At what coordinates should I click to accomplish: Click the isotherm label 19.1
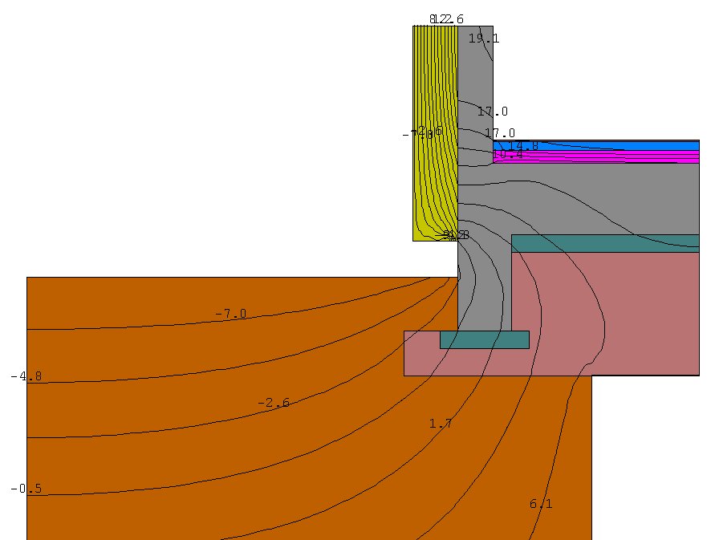tap(483, 39)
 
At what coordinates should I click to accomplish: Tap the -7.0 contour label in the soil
tap(230, 314)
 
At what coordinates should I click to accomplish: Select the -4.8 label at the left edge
tap(26, 376)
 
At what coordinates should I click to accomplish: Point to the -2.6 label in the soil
tap(274, 403)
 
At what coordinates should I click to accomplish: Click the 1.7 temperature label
tap(441, 423)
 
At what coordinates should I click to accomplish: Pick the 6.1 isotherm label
tap(541, 504)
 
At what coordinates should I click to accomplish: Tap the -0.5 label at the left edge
tap(26, 489)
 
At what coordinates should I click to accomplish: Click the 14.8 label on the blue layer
tap(523, 145)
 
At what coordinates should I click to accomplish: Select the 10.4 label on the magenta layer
tap(508, 155)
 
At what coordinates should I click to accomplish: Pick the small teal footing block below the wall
tap(484, 339)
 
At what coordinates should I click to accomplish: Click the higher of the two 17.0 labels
tap(492, 112)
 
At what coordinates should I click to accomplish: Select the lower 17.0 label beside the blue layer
tap(500, 133)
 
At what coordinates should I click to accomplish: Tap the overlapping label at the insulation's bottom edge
tap(455, 235)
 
